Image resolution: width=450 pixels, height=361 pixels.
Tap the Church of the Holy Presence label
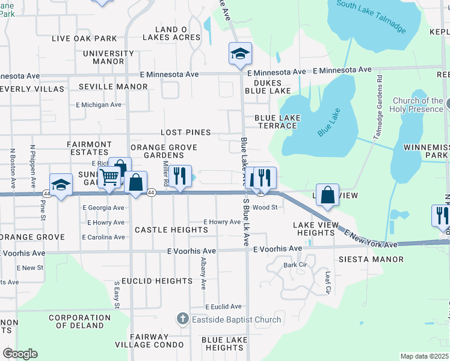[x=418, y=105]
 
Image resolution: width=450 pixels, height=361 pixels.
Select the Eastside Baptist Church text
[x=236, y=319]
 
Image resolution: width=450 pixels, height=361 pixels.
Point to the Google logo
[x=20, y=354]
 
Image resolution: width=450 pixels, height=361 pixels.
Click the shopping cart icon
[x=109, y=177]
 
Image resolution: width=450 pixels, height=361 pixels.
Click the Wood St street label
[x=265, y=208]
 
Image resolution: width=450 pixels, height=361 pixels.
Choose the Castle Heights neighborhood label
[x=171, y=230]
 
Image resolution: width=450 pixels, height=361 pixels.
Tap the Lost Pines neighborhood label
[x=186, y=132]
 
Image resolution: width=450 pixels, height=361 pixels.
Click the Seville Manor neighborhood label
[x=113, y=87]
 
